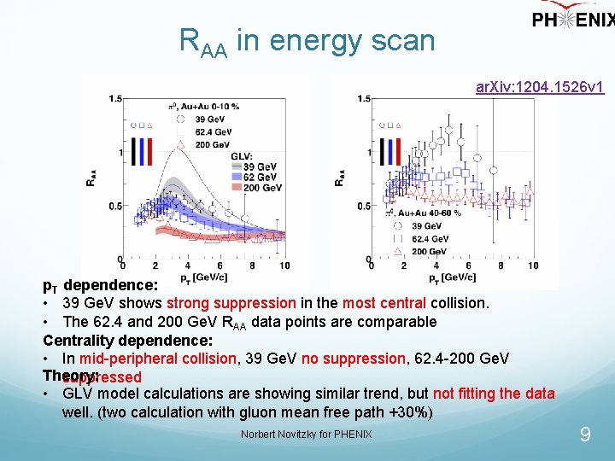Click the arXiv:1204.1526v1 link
(x=540, y=87)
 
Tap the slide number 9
(x=585, y=435)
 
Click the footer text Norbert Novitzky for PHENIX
(x=307, y=435)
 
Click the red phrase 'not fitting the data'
(x=494, y=394)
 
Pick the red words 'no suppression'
(x=337, y=359)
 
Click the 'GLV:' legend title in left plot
(x=242, y=156)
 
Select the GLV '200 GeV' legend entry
(x=261, y=188)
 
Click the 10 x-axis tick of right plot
(x=532, y=266)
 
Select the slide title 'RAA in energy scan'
(x=307, y=40)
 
